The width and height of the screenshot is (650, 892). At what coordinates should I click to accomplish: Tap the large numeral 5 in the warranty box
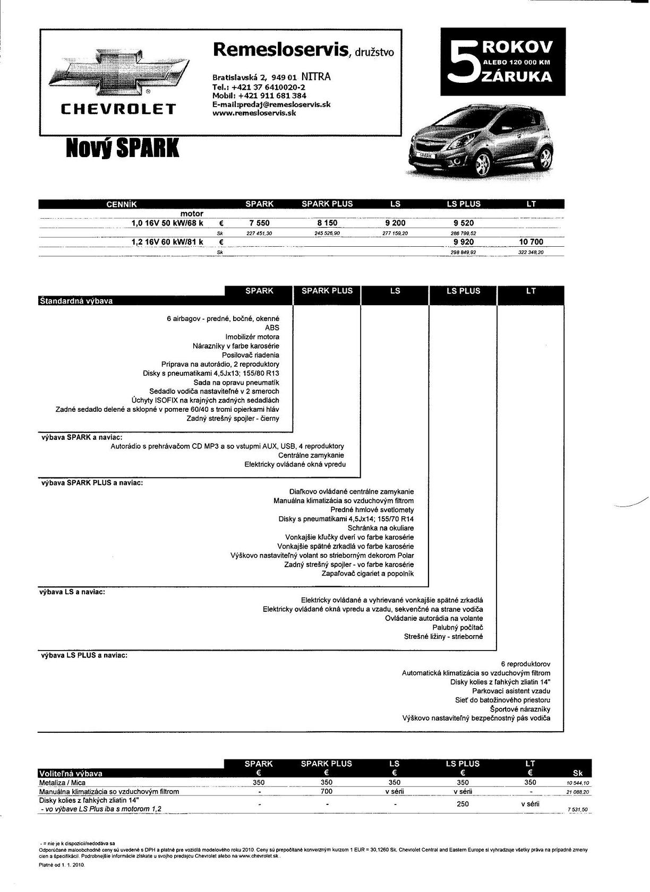(461, 62)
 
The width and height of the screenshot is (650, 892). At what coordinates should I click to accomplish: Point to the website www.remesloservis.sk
(254, 113)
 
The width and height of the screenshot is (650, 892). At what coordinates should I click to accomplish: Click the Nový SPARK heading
(122, 149)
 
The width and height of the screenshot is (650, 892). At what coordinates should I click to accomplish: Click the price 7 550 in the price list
(259, 223)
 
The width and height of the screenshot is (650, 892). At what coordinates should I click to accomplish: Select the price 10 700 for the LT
(531, 242)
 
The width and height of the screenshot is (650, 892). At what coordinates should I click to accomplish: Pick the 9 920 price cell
(463, 242)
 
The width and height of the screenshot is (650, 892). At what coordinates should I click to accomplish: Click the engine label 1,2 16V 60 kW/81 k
(167, 242)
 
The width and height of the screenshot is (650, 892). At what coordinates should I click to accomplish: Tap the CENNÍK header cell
(122, 204)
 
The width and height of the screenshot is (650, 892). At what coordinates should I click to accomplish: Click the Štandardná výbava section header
(76, 301)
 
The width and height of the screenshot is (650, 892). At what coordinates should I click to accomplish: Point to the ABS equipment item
(272, 328)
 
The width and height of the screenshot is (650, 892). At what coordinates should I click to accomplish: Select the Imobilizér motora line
(252, 337)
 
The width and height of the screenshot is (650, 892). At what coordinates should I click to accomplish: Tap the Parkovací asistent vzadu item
(511, 691)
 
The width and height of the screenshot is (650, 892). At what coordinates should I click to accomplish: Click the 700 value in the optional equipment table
(327, 791)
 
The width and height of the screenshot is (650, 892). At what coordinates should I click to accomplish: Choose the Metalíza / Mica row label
(62, 783)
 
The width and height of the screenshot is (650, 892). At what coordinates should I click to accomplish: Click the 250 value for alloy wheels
(463, 804)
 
